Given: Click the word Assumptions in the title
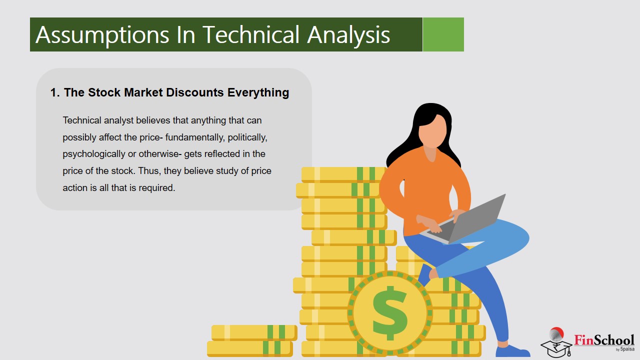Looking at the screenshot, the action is [x=102, y=35].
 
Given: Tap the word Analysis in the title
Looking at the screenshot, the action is [x=348, y=35].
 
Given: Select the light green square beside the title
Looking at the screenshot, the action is [x=443, y=34].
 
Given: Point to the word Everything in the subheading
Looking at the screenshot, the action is [x=258, y=93].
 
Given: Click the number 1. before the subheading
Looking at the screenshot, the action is [x=55, y=92].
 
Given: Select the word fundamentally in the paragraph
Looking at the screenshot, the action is [x=195, y=137].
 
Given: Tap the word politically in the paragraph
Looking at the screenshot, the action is [x=247, y=137].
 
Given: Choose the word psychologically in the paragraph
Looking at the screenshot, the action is [x=94, y=154].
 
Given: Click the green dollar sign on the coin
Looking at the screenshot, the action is [x=389, y=313].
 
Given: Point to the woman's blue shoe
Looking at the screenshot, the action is [x=512, y=351].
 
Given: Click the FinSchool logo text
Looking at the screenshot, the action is [x=604, y=340].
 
